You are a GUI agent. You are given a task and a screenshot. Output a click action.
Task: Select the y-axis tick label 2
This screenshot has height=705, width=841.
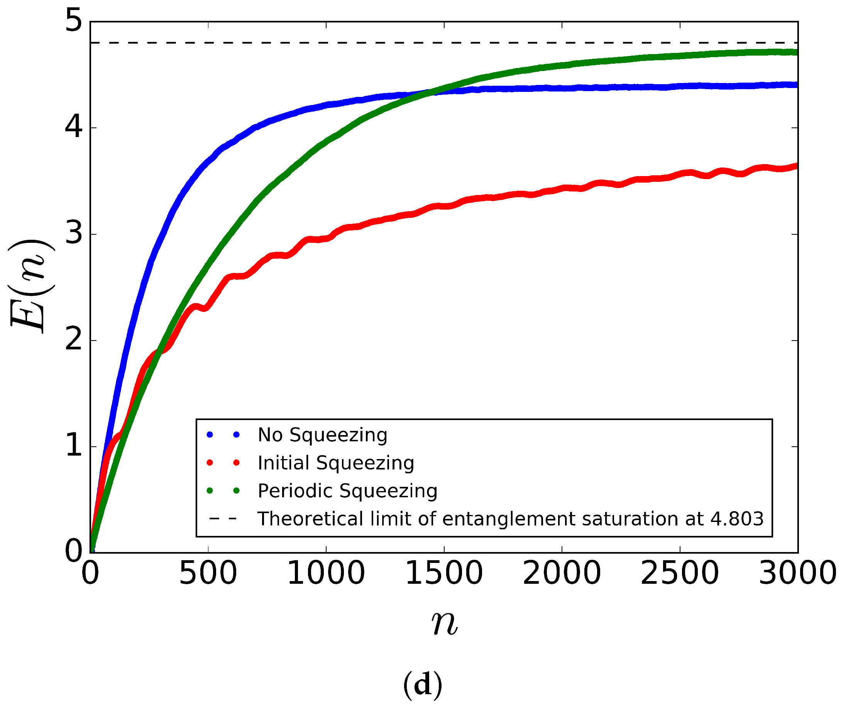click(74, 340)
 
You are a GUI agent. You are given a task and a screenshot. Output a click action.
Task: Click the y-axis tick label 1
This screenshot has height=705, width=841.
click(74, 446)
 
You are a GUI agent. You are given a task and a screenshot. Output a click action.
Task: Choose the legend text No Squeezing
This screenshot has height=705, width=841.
click(322, 435)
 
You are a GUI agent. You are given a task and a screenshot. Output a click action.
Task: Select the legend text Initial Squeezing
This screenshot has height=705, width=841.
click(336, 463)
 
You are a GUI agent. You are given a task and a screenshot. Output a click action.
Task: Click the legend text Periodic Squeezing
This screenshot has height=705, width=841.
click(347, 491)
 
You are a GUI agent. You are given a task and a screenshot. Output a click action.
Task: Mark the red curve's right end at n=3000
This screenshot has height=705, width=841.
click(797, 166)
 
